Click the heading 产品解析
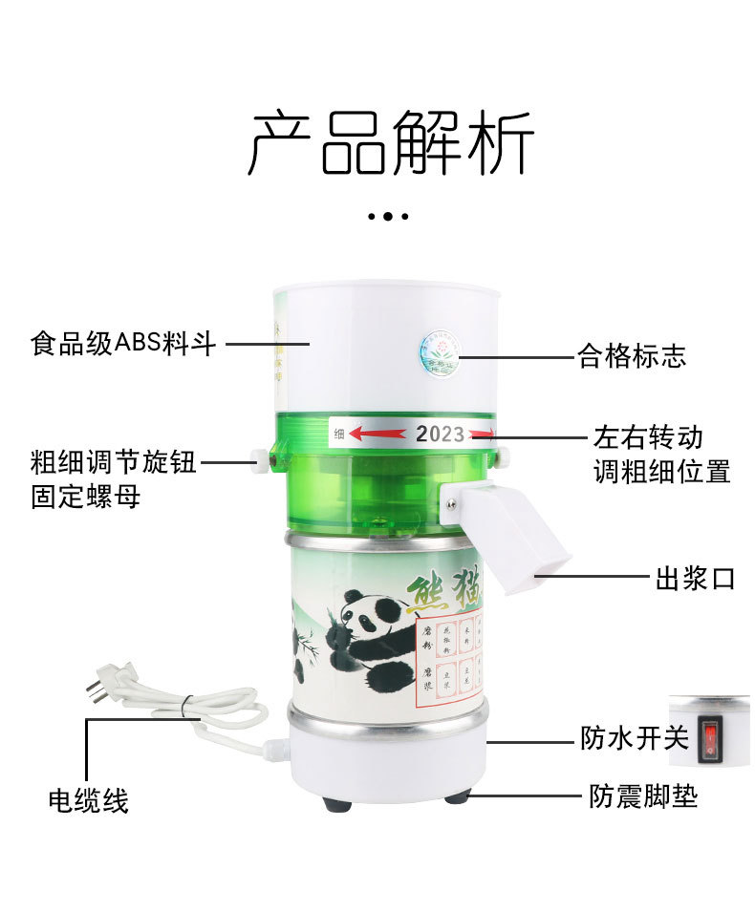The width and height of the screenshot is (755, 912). [x=390, y=143]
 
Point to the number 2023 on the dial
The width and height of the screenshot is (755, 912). [x=440, y=435]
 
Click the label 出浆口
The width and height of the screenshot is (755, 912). [x=695, y=578]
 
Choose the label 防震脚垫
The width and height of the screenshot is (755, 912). [x=642, y=796]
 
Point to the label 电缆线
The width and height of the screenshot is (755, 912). [x=88, y=800]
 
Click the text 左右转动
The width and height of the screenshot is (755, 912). [x=648, y=437]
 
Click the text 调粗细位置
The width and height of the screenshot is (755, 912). [x=661, y=472]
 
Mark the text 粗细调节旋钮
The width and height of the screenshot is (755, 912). [x=113, y=463]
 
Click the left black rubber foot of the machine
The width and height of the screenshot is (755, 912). [x=336, y=803]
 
